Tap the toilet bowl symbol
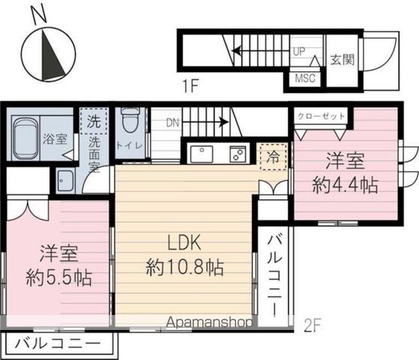click(x=130, y=120)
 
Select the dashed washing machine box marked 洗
click(x=94, y=121)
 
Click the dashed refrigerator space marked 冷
click(x=273, y=157)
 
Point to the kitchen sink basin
click(x=202, y=154)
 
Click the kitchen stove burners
click(x=238, y=154)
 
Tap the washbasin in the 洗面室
click(x=66, y=181)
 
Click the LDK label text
click(x=184, y=243)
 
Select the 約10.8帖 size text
click(x=184, y=267)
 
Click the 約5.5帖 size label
click(x=58, y=278)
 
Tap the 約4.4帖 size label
click(x=346, y=185)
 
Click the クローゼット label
click(x=322, y=116)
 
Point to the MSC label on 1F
click(x=305, y=78)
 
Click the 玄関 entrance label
click(x=343, y=60)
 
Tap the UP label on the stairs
click(x=299, y=51)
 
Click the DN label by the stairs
click(x=172, y=122)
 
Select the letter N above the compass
click(x=39, y=14)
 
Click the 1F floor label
click(x=190, y=86)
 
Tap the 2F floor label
click(x=313, y=325)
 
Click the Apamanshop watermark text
click(x=209, y=322)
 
